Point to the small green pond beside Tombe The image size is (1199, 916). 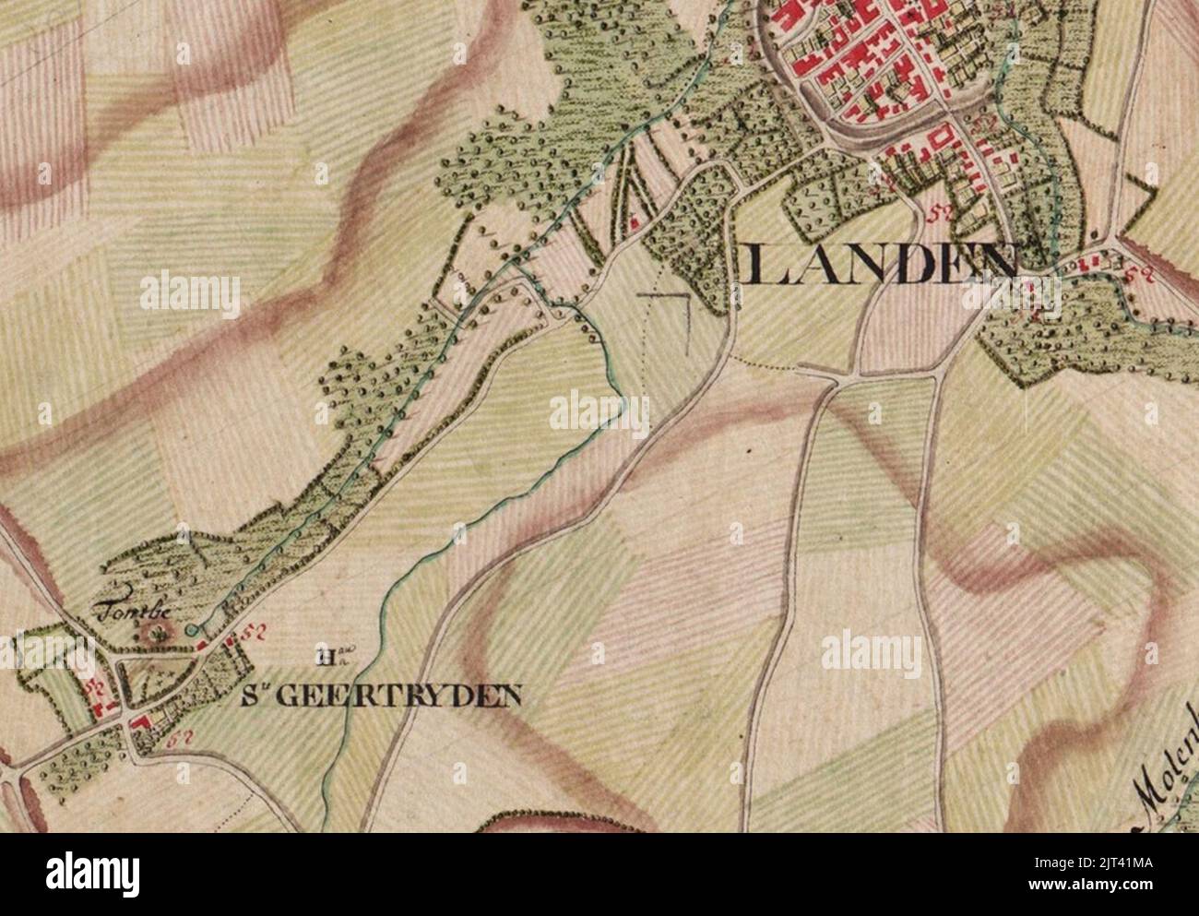[x=191, y=629]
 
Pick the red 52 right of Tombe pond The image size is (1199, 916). [x=244, y=633]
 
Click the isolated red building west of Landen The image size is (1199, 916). [x=635, y=221]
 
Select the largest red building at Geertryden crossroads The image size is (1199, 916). [x=143, y=722]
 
